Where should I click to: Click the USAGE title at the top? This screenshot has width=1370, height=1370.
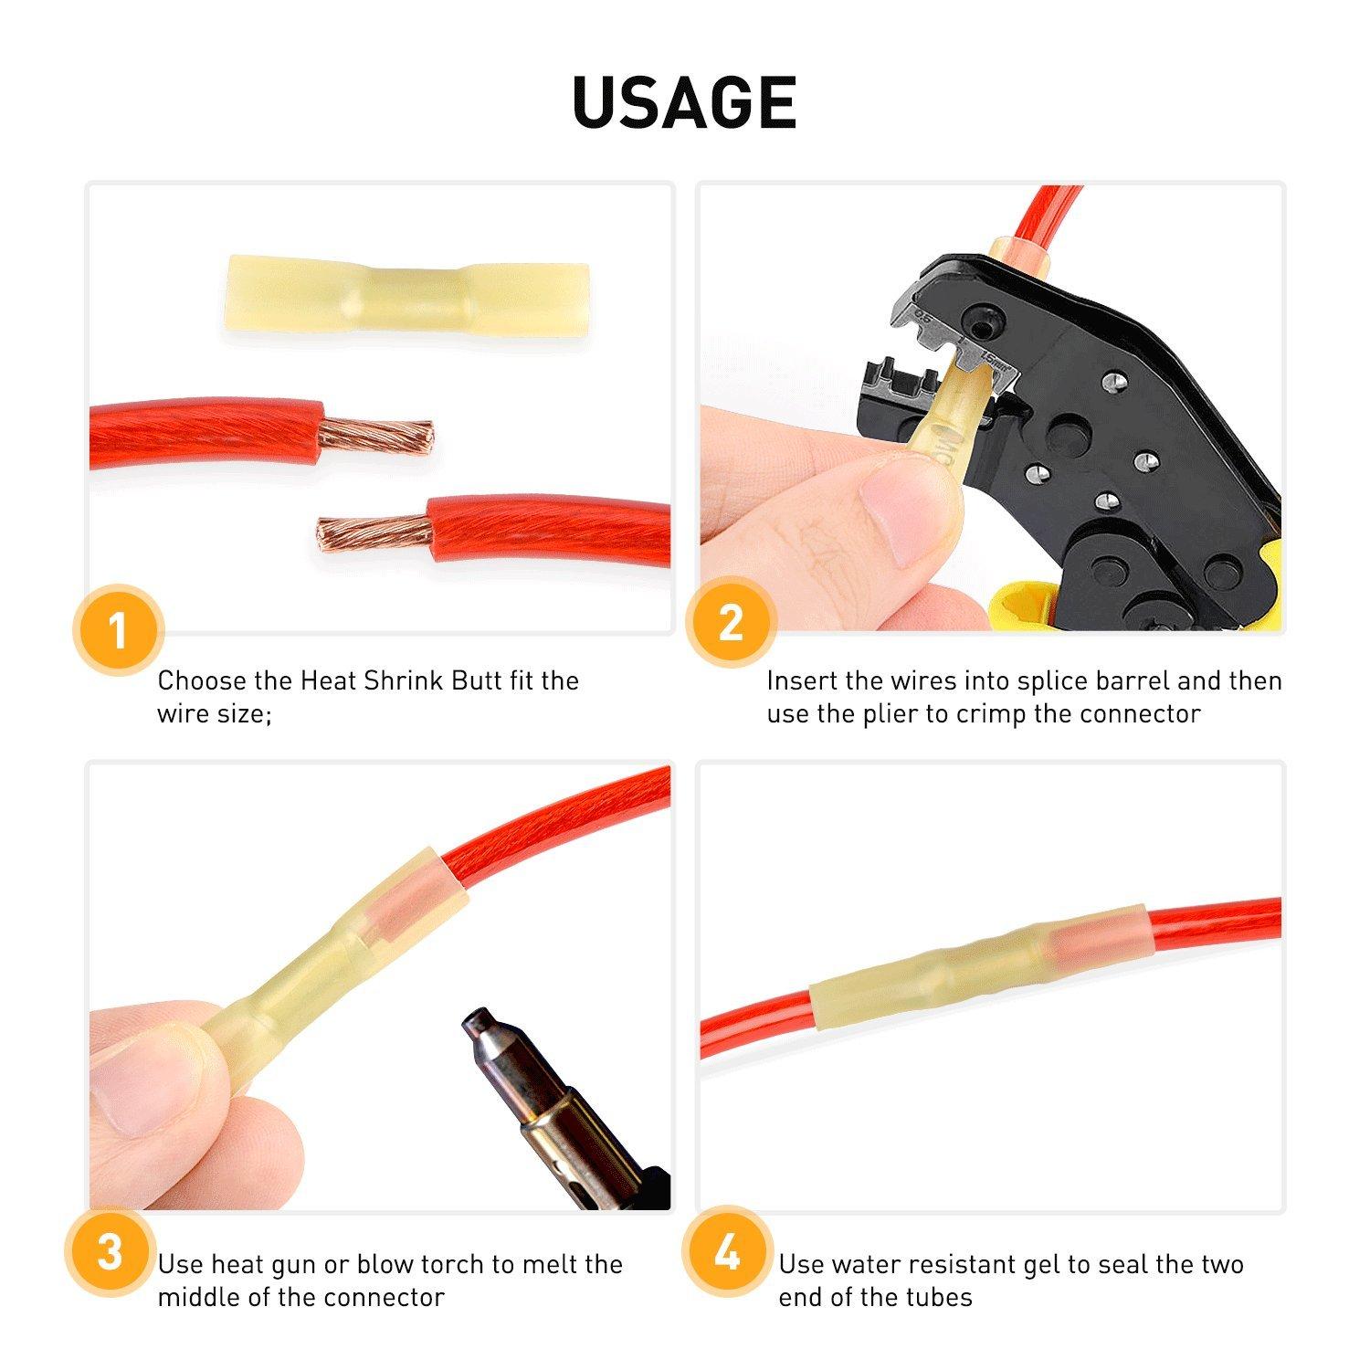tap(684, 101)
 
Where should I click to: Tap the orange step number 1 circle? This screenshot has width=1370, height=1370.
tap(117, 630)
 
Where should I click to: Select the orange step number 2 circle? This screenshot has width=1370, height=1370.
tap(731, 624)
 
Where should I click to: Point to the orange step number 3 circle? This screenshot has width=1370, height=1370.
tap(110, 1252)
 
